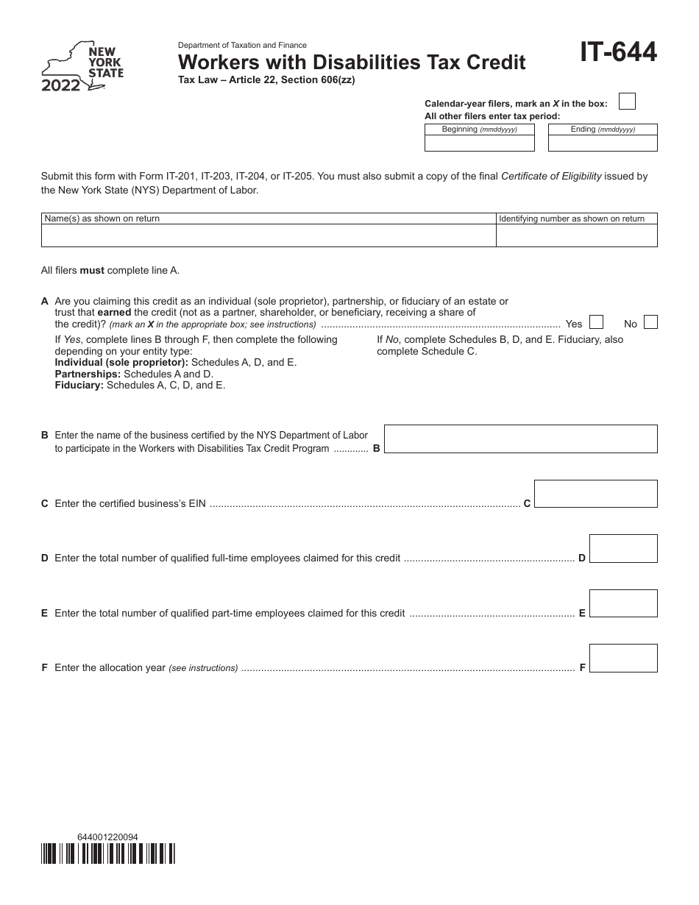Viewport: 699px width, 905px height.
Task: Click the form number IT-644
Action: [618, 53]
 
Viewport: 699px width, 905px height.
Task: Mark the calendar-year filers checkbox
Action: [627, 102]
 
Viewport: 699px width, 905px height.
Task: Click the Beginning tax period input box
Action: [479, 143]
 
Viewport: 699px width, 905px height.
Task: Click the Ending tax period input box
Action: [603, 143]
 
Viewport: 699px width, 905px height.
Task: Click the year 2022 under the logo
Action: [60, 86]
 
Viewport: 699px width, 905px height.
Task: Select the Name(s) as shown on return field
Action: [268, 235]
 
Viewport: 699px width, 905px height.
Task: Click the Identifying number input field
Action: [576, 235]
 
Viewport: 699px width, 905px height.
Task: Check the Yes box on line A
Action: [596, 322]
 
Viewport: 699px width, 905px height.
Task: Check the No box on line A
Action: [650, 322]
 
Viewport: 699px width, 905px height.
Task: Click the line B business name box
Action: [520, 439]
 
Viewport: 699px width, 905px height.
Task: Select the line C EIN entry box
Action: [595, 494]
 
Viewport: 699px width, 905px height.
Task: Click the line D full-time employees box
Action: [623, 549]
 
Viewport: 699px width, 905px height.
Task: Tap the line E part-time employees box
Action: [623, 603]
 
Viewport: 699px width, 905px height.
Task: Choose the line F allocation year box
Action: [623, 659]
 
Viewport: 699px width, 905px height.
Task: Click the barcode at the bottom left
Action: [108, 853]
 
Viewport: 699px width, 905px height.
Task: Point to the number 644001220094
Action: [107, 837]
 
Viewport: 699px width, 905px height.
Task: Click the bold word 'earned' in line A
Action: [114, 313]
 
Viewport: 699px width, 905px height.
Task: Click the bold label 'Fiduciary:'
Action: [79, 385]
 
